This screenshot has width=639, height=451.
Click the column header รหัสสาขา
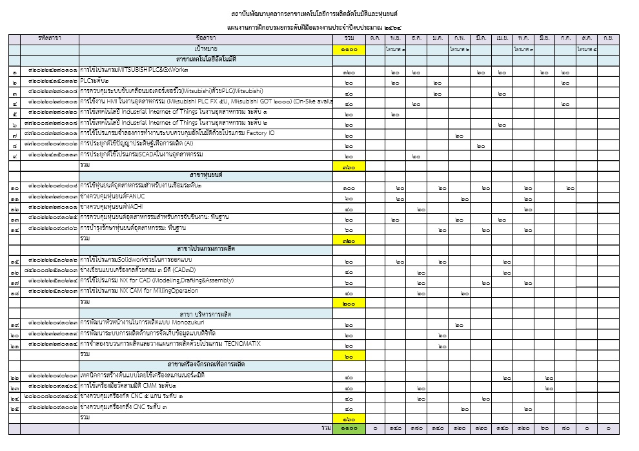coord(50,38)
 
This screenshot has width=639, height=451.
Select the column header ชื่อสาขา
coord(206,38)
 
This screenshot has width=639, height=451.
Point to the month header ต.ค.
coord(376,38)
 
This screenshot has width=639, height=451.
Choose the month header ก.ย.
coord(608,38)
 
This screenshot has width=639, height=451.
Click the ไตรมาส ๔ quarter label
coord(587,49)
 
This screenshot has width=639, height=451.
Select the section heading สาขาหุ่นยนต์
coord(206,175)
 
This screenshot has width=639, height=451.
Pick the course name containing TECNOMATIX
coord(170,344)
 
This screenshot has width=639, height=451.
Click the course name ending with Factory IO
coord(178,133)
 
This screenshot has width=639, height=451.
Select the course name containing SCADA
coord(141,154)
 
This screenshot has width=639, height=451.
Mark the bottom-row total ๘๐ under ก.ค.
coord(565,428)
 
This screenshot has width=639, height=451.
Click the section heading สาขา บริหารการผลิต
coord(206,313)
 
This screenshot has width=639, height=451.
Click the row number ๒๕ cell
coord(14,407)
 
